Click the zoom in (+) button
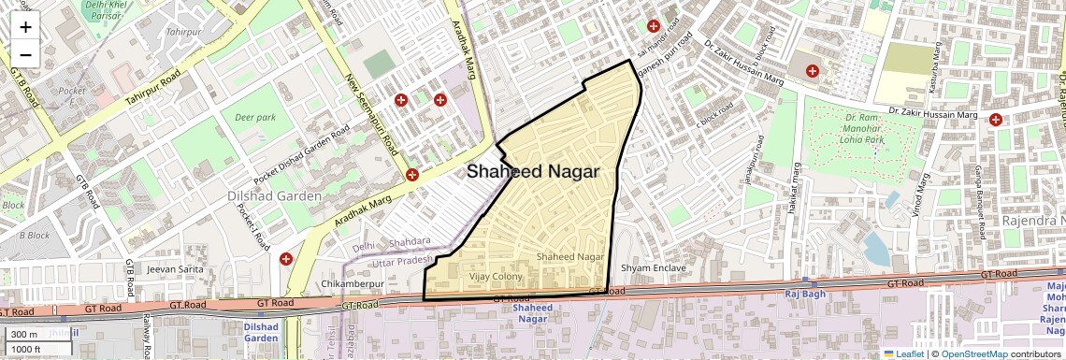[25, 27]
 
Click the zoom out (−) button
[25, 54]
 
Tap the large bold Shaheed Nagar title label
[532, 172]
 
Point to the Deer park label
[255, 118]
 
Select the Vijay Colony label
[496, 277]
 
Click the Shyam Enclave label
[653, 268]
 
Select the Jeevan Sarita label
[175, 269]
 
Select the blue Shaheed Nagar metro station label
[533, 313]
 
